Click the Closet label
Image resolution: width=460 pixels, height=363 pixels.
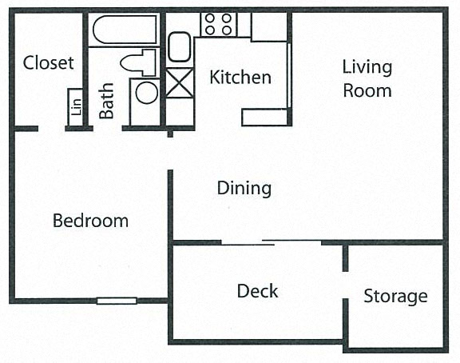[49, 62]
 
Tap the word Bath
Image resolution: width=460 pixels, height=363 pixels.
[106, 101]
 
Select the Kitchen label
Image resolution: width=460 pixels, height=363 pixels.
[240, 78]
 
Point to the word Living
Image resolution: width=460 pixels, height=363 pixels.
[367, 67]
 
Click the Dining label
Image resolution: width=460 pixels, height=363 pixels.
[244, 188]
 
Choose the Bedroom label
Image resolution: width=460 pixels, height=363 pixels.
[91, 221]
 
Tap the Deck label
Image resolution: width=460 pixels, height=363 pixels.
[258, 291]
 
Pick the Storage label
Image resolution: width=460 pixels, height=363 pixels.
[396, 297]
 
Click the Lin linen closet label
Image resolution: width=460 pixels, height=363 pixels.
[76, 107]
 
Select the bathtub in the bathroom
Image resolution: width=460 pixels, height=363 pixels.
[125, 30]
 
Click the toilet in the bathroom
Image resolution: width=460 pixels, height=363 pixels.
[138, 63]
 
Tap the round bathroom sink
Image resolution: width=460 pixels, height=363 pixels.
[147, 93]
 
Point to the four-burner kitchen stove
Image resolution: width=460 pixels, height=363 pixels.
[218, 24]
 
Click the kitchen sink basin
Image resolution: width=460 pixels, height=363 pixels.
[179, 47]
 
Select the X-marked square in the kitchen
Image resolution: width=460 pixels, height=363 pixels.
[180, 83]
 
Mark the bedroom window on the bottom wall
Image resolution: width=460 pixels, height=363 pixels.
[117, 301]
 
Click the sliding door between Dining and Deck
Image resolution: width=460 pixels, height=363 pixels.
[271, 242]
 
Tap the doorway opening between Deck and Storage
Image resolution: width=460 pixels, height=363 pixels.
[346, 285]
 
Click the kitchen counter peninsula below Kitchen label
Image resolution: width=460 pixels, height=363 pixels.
[264, 118]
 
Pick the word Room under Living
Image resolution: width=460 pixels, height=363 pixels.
[367, 91]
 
